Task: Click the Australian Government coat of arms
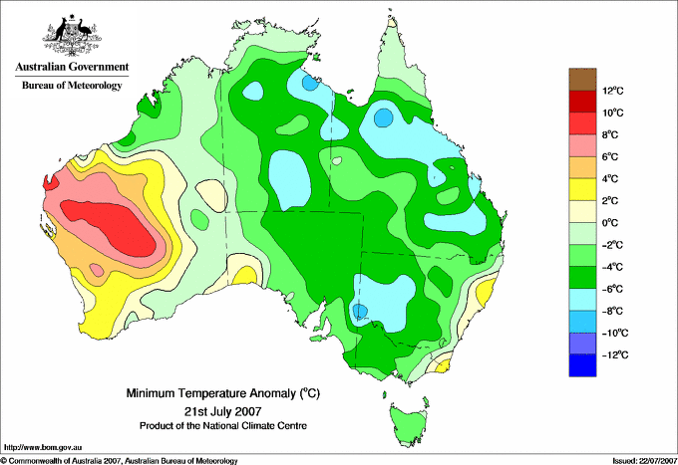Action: tap(72, 36)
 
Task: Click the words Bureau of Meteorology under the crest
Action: tap(72, 86)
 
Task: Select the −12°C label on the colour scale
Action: tap(613, 354)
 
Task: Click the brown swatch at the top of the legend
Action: tap(582, 79)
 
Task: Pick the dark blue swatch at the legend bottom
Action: tap(582, 365)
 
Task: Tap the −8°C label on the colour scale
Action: tap(613, 311)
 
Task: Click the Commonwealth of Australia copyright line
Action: tap(120, 460)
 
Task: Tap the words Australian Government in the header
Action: tap(72, 67)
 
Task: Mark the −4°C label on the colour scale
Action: tap(613, 267)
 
